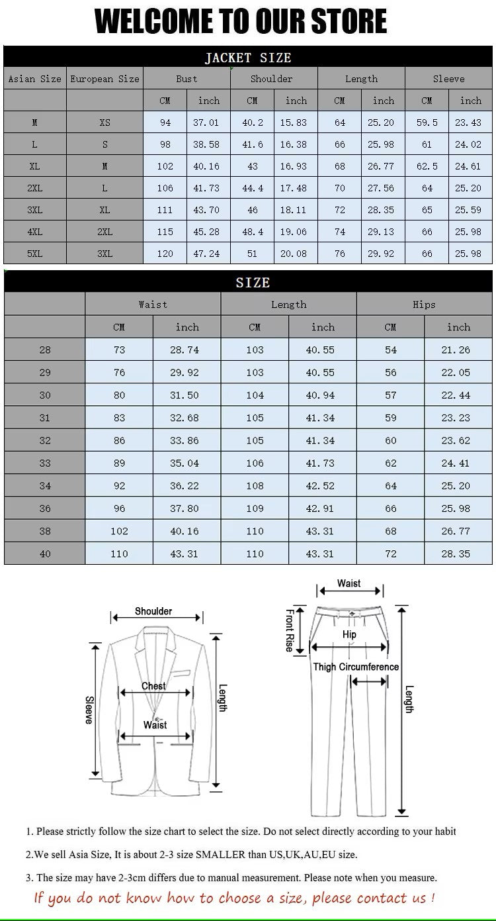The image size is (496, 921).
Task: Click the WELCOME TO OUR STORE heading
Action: (241, 22)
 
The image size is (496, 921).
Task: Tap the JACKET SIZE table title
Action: (247, 58)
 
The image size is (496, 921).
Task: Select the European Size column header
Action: (104, 79)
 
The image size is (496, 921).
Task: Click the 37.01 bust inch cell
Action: (208, 122)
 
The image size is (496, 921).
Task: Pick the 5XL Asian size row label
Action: (34, 254)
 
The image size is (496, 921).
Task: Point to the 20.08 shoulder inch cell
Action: (296, 254)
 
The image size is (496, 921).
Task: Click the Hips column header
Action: (424, 305)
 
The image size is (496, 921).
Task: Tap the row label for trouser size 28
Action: (44, 350)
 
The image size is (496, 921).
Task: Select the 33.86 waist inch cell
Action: (186, 440)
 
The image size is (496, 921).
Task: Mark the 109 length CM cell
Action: (255, 509)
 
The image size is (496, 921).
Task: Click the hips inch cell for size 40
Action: (458, 554)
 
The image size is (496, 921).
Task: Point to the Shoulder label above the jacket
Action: (153, 611)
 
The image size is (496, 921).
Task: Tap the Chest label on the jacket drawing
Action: (153, 686)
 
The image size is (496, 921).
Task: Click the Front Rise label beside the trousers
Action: (290, 630)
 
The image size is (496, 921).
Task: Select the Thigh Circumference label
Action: (356, 667)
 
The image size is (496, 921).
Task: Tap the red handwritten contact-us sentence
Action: (234, 898)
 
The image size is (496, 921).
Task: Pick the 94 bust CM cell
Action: (165, 122)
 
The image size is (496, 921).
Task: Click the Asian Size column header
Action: (34, 79)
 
